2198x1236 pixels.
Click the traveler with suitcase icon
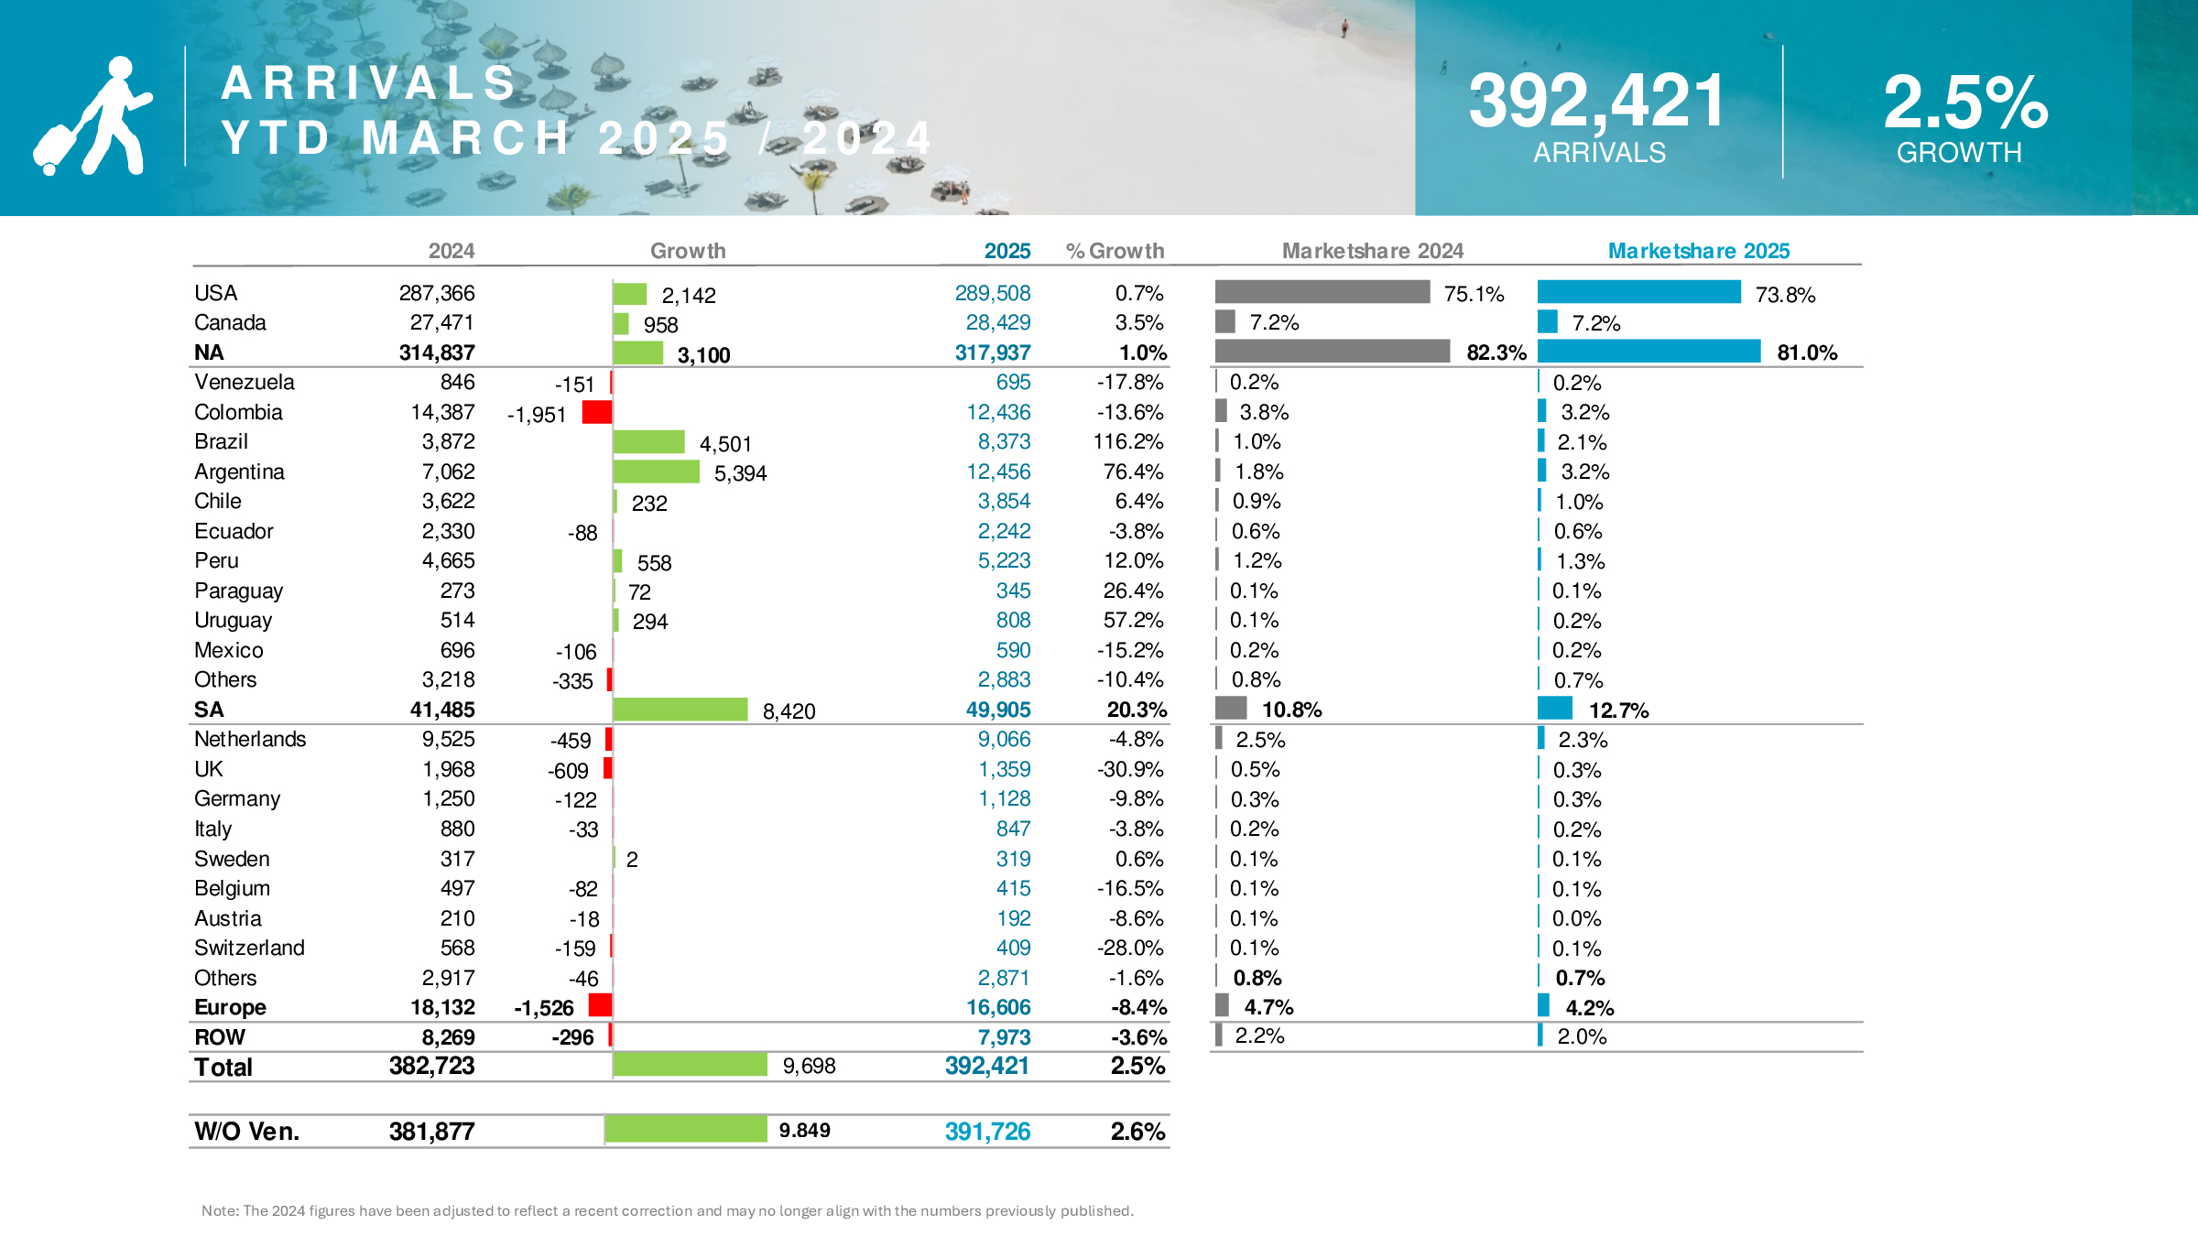(x=92, y=116)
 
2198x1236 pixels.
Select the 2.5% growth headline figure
(x=1965, y=103)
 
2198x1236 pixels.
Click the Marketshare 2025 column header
(x=1698, y=251)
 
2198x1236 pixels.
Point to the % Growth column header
(x=1115, y=251)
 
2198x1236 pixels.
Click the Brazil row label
(x=221, y=442)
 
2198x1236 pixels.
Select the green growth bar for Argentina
(x=656, y=472)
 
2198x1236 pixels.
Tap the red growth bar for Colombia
(x=596, y=413)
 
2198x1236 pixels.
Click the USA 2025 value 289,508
(x=992, y=293)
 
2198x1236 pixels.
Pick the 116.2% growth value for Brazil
(x=1127, y=442)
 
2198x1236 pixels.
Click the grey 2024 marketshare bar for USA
(x=1322, y=292)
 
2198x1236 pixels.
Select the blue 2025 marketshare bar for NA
(x=1648, y=352)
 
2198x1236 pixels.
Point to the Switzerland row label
(x=249, y=948)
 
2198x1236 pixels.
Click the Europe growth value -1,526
(x=543, y=1008)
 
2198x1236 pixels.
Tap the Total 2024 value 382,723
(x=431, y=1066)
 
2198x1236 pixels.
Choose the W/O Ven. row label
(x=246, y=1132)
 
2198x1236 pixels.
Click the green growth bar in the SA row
(x=680, y=710)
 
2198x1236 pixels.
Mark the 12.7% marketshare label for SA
(x=1618, y=710)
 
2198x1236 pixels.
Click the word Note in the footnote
(x=219, y=1210)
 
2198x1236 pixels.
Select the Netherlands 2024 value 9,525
(x=448, y=739)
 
